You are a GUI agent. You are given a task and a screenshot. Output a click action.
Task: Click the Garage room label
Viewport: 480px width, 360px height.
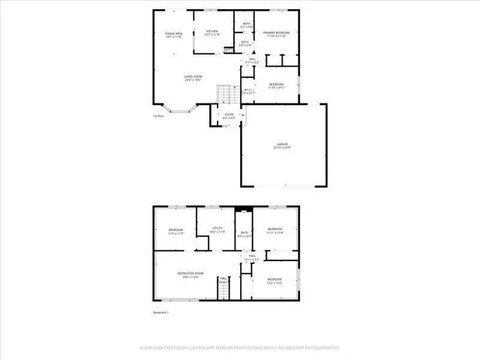(282, 145)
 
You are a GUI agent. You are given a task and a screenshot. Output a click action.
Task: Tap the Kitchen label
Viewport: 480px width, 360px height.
(211, 32)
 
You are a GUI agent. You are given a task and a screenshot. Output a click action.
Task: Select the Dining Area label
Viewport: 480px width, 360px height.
(175, 34)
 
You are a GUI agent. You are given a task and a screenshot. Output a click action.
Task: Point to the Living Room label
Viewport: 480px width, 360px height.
(194, 77)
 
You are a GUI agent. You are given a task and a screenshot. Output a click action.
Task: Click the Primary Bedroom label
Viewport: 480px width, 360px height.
(276, 34)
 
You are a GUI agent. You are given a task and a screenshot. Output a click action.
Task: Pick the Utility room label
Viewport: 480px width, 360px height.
(217, 230)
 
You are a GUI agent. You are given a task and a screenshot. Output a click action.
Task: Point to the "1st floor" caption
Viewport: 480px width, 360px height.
(158, 115)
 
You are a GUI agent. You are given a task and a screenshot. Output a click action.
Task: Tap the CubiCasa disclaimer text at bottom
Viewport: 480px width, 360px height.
(240, 348)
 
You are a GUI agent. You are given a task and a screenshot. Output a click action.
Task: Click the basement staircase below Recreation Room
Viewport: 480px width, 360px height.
(222, 286)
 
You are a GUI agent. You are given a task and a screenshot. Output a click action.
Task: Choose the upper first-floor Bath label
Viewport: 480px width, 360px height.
(246, 25)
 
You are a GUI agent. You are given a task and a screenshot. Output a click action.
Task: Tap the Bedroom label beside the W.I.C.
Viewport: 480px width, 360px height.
(277, 85)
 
